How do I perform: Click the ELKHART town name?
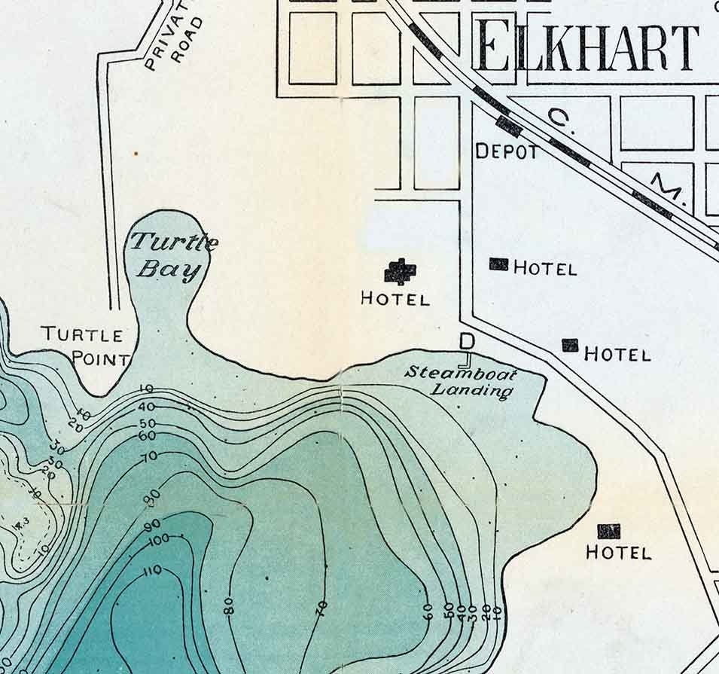(586, 47)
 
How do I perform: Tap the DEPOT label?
(507, 151)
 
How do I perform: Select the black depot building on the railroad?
(510, 126)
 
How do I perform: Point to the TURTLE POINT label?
(84, 346)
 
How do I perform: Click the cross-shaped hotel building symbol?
(400, 271)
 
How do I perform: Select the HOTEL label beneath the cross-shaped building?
(395, 299)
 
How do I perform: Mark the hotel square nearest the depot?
(498, 264)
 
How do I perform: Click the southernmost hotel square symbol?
(608, 531)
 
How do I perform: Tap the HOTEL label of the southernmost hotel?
(618, 553)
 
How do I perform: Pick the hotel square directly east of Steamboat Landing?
(571, 346)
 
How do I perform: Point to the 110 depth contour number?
(152, 571)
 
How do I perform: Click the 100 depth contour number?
(159, 540)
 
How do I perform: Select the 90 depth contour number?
(153, 523)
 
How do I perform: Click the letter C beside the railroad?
(559, 117)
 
